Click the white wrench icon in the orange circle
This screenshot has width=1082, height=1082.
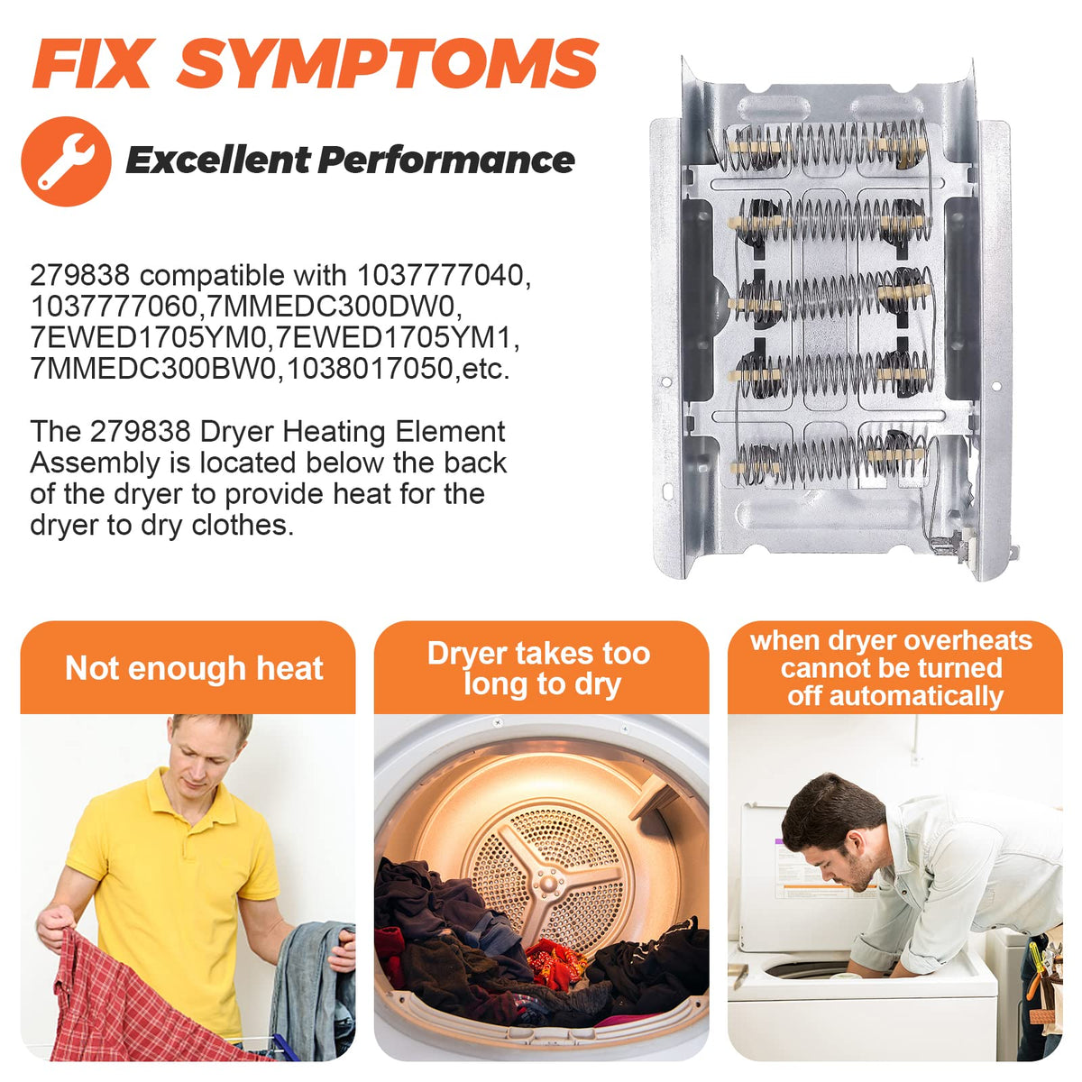coord(66,161)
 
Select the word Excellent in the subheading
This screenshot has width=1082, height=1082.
coord(216,160)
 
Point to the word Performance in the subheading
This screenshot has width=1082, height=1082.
coord(446,160)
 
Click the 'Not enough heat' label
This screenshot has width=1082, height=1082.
coord(194,668)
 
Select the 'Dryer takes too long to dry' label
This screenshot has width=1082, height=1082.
coord(539,668)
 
